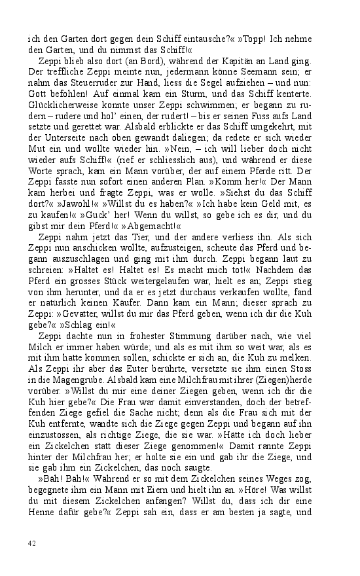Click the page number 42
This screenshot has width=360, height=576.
(31, 543)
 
